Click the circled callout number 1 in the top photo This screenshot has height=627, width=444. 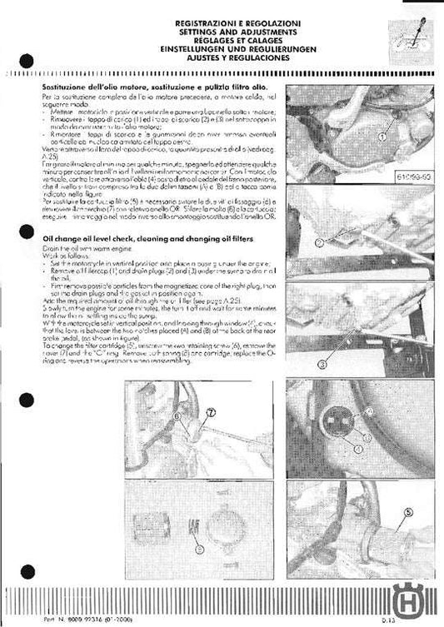click(382, 133)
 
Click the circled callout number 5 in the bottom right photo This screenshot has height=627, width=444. click(407, 512)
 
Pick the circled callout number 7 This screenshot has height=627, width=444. click(210, 411)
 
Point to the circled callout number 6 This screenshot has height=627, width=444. click(177, 414)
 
